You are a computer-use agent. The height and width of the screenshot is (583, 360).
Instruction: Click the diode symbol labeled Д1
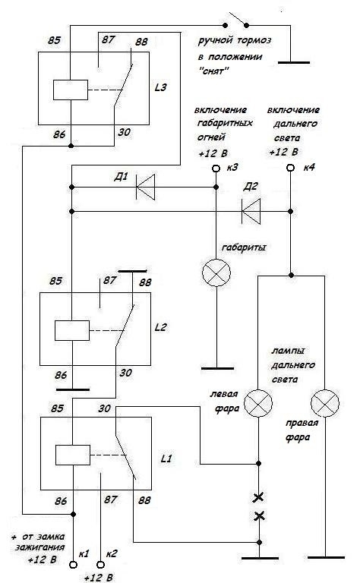click(145, 187)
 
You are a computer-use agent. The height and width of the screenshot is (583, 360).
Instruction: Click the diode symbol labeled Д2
click(251, 211)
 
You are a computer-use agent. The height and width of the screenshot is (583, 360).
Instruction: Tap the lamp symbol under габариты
click(216, 273)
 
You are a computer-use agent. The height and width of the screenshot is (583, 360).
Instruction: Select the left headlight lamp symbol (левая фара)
click(258, 403)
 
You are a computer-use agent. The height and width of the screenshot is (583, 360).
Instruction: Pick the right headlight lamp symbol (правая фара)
click(325, 403)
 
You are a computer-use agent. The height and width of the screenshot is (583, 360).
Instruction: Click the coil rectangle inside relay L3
click(71, 90)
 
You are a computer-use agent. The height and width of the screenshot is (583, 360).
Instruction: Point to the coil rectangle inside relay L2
click(72, 330)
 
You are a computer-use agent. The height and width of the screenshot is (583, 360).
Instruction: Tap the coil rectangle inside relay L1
click(73, 455)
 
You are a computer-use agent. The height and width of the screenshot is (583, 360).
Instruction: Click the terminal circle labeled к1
click(74, 565)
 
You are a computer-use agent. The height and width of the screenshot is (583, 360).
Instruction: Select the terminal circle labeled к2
click(100, 565)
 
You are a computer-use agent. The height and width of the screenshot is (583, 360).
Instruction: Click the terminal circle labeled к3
click(216, 169)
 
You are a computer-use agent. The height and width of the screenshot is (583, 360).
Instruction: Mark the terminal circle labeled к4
click(290, 168)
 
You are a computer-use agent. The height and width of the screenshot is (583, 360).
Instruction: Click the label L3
click(161, 88)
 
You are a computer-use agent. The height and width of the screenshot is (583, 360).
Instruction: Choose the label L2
click(161, 327)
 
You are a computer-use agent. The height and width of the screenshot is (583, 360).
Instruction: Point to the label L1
click(166, 459)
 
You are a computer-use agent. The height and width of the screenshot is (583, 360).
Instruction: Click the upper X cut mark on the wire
click(258, 497)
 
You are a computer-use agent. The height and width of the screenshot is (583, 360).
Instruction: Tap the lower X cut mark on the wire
click(259, 516)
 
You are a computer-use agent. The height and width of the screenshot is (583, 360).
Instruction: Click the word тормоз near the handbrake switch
click(254, 40)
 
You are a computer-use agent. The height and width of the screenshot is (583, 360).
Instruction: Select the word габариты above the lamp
click(244, 247)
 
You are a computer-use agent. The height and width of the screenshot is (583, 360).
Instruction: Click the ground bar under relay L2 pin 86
click(73, 389)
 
